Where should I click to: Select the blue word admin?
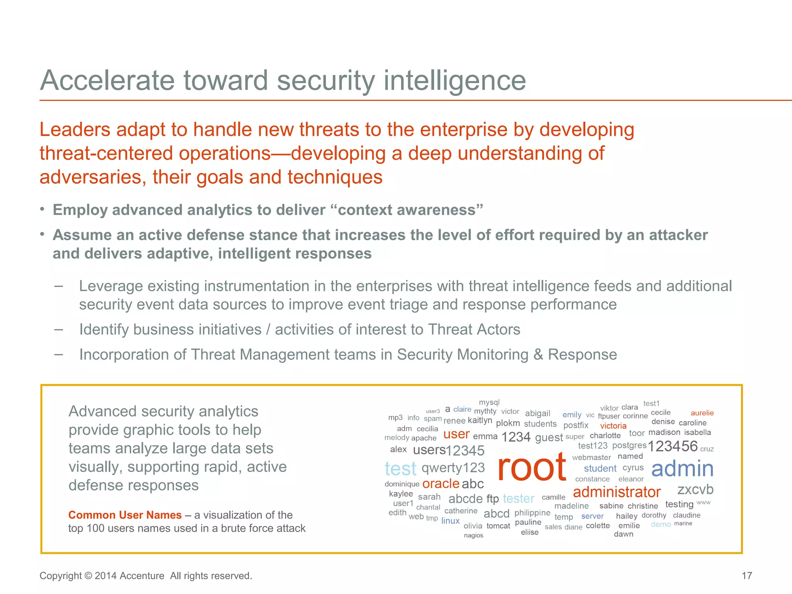(682, 469)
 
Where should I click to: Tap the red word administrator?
(616, 492)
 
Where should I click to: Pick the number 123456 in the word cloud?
(673, 446)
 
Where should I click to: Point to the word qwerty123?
(453, 468)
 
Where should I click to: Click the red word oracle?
(440, 484)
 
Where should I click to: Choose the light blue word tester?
(519, 498)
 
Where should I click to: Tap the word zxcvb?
(695, 490)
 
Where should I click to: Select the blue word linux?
(451, 521)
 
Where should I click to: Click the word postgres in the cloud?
(629, 445)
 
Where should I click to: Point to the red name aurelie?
(702, 413)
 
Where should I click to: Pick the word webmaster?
(591, 457)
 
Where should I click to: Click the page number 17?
(747, 576)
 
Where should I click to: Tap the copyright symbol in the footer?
(88, 576)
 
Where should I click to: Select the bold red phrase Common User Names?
(125, 515)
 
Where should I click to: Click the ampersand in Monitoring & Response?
(538, 355)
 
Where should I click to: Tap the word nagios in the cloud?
(473, 536)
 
